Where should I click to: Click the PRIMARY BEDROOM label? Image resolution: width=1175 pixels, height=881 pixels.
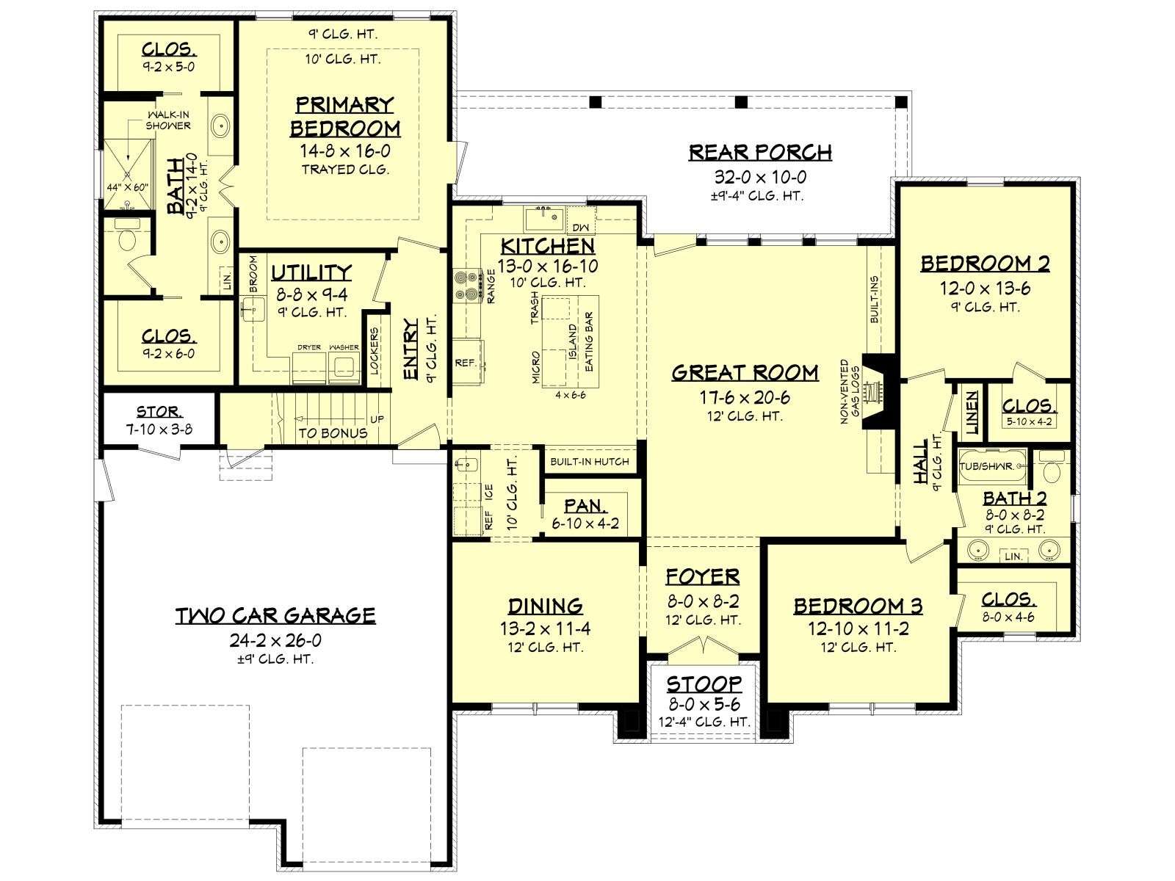coord(344,117)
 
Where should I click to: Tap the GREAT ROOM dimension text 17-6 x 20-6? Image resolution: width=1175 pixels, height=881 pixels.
coord(745,397)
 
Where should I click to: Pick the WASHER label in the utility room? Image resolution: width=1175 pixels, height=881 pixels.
coord(344,347)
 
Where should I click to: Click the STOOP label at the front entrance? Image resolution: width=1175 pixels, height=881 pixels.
coord(704,684)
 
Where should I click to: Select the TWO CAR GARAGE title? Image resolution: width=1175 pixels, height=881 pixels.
coord(275,616)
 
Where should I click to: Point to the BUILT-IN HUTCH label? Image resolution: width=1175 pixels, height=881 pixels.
coord(590,462)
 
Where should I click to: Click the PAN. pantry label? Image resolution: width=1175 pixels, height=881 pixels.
coord(585,506)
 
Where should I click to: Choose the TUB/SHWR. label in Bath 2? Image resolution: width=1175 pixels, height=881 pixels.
coord(986,466)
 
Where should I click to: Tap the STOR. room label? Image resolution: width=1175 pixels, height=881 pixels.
coord(159,411)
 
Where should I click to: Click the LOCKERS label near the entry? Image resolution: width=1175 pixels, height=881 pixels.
coord(375,351)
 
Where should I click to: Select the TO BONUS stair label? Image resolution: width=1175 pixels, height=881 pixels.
coord(333,433)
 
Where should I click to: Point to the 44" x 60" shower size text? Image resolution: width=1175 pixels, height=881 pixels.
coord(127,188)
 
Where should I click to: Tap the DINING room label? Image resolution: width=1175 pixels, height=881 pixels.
coord(546,606)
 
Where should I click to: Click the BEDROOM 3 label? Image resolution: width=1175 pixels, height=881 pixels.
coord(858,606)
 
